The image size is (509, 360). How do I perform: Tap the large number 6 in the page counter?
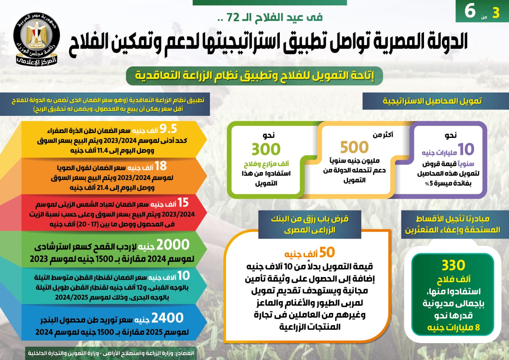(x=470, y=11)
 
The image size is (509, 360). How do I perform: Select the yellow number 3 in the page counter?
(x=496, y=13)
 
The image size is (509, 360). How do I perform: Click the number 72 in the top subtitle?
(x=233, y=18)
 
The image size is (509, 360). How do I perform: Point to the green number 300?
(x=266, y=149)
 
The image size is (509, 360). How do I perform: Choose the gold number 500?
(x=354, y=147)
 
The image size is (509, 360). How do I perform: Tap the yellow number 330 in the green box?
(x=453, y=265)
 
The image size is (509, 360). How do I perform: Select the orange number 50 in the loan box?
(x=327, y=252)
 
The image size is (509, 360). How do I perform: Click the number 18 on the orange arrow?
(x=160, y=166)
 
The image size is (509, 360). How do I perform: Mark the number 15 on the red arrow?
(x=183, y=202)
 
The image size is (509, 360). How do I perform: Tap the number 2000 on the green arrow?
(x=173, y=244)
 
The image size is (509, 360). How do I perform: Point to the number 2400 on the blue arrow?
(x=167, y=318)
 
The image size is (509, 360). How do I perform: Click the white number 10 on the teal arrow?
(x=184, y=275)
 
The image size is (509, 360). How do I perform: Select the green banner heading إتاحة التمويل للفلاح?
(x=254, y=76)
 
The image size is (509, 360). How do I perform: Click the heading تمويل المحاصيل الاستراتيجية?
(x=432, y=101)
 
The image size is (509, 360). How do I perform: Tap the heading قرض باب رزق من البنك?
(x=310, y=224)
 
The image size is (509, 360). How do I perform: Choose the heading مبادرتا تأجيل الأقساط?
(x=452, y=224)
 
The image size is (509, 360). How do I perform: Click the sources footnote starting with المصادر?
(x=111, y=353)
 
